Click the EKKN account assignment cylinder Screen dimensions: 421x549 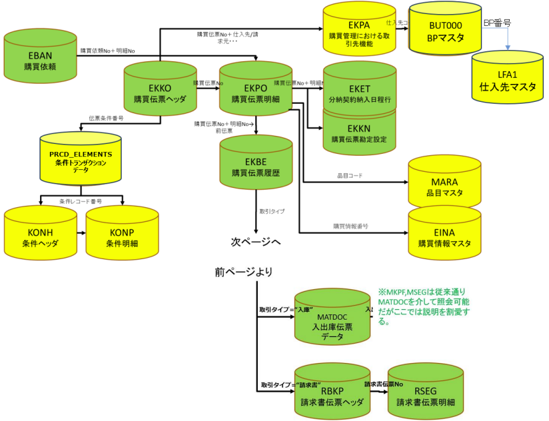pyautogui.click(x=360, y=133)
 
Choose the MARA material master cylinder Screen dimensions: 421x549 pyautogui.click(x=444, y=187)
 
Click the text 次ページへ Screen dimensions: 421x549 pyautogui.click(x=256, y=241)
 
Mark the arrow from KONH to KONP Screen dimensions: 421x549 pyautogui.click(x=81, y=234)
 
